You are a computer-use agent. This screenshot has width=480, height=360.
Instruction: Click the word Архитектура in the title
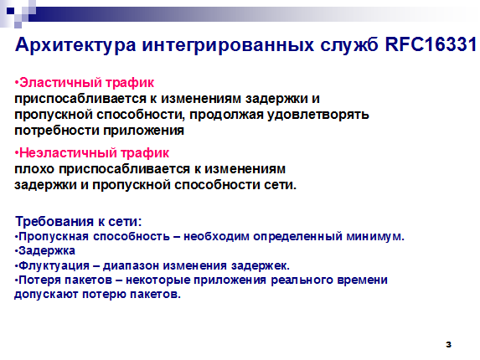pyautogui.click(x=75, y=45)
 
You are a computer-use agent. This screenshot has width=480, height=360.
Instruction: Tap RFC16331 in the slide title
pyautogui.click(x=431, y=44)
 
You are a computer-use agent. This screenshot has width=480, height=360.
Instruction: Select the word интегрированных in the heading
pyautogui.click(x=228, y=45)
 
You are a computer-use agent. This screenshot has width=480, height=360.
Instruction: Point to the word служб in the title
pyautogui.click(x=349, y=44)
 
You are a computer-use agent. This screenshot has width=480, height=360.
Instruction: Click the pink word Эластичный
pyautogui.click(x=60, y=83)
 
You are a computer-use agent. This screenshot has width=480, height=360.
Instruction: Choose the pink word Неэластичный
pyautogui.click(x=68, y=153)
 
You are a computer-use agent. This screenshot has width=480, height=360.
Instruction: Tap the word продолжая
pyautogui.click(x=226, y=115)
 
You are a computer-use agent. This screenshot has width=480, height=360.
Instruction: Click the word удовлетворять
pyautogui.click(x=318, y=115)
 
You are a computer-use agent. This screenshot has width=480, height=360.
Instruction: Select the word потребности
pyautogui.click(x=57, y=131)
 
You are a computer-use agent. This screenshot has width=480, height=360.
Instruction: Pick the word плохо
pyautogui.click(x=34, y=169)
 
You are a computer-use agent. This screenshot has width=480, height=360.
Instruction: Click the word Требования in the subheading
pyautogui.click(x=54, y=222)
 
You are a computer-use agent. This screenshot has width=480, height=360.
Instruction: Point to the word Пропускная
pyautogui.click(x=54, y=237)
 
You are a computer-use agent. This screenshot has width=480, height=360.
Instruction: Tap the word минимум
pyautogui.click(x=375, y=237)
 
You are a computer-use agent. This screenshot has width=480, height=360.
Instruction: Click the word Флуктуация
pyautogui.click(x=54, y=265)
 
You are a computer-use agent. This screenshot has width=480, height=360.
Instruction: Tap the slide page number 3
pyautogui.click(x=448, y=344)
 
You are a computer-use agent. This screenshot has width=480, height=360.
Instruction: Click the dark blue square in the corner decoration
pyautogui.click(x=11, y=12)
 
